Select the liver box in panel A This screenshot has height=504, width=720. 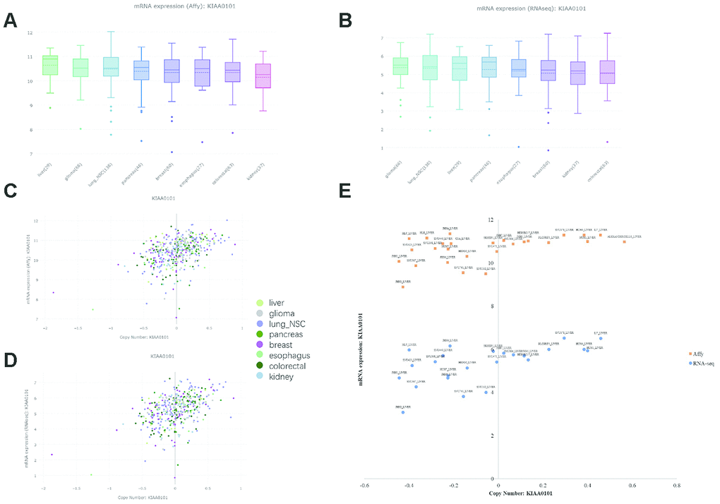point(50,65)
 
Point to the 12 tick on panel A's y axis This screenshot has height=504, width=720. point(28,32)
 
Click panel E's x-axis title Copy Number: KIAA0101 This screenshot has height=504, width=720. point(520,493)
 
